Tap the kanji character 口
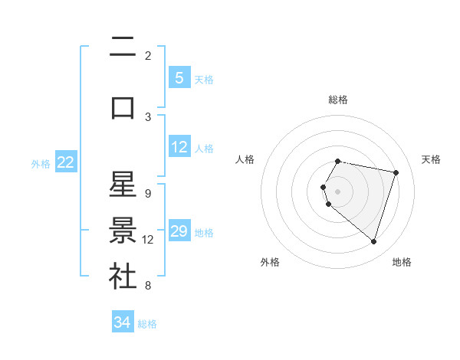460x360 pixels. tap(123, 108)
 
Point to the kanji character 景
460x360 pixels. tap(123, 231)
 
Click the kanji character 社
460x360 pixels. tap(123, 277)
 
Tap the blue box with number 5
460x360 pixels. tap(179, 77)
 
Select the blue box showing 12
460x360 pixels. tap(179, 147)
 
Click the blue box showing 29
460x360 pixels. tap(179, 231)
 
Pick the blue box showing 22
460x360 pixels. tap(66, 162)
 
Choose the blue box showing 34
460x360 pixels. tap(123, 322)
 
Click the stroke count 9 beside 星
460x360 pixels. tap(147, 193)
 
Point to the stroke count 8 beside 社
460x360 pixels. tap(147, 286)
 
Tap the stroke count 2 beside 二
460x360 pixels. tap(147, 55)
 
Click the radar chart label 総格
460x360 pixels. tap(338, 100)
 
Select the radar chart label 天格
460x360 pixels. tap(431, 159)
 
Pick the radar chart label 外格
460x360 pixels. tap(270, 262)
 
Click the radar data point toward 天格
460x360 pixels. tap(396, 172)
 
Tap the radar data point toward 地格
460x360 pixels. tap(373, 241)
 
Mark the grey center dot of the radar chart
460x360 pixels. tap(338, 190)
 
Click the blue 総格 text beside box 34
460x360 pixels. tap(147, 324)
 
